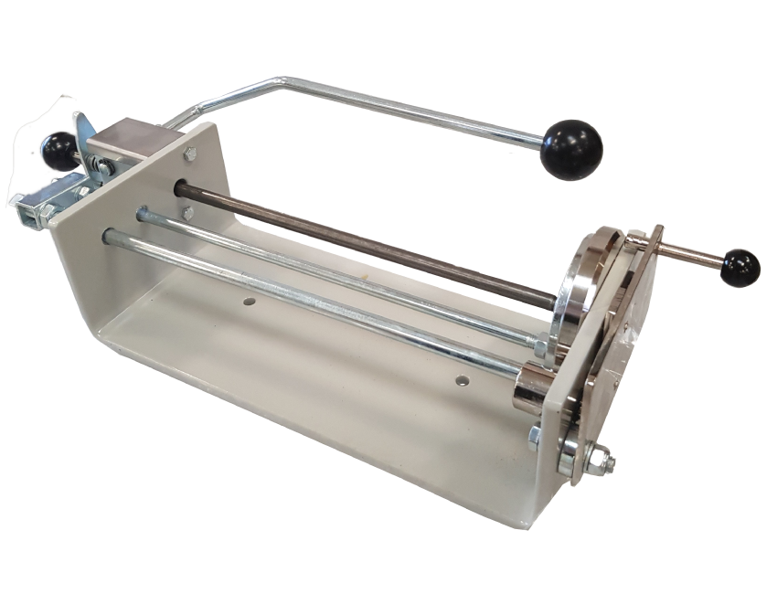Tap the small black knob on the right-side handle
pos(739,266)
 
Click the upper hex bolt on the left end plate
pos(189,154)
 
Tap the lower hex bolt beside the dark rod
pos(187,213)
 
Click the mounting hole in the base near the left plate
pos(248,299)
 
